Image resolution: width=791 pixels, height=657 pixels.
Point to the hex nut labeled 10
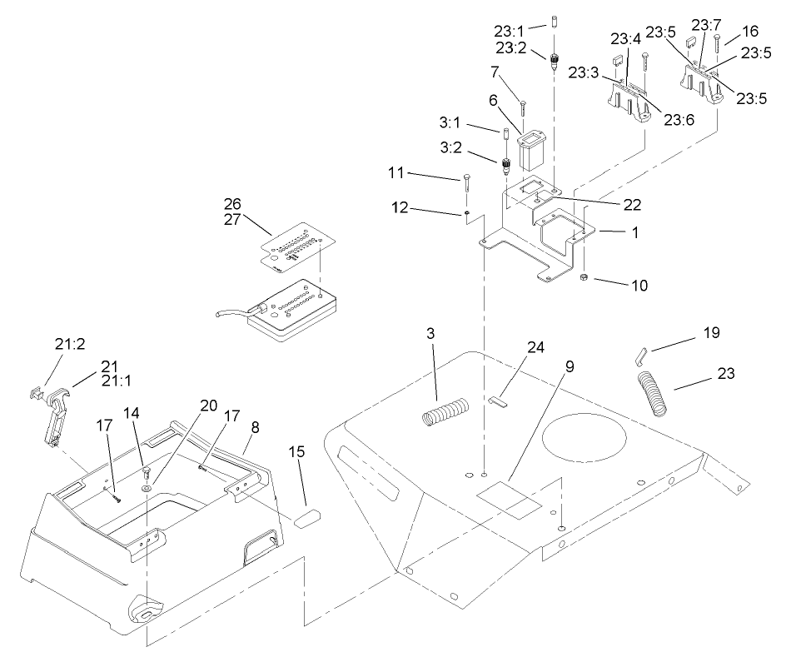[585, 277]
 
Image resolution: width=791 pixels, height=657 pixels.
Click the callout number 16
[749, 31]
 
